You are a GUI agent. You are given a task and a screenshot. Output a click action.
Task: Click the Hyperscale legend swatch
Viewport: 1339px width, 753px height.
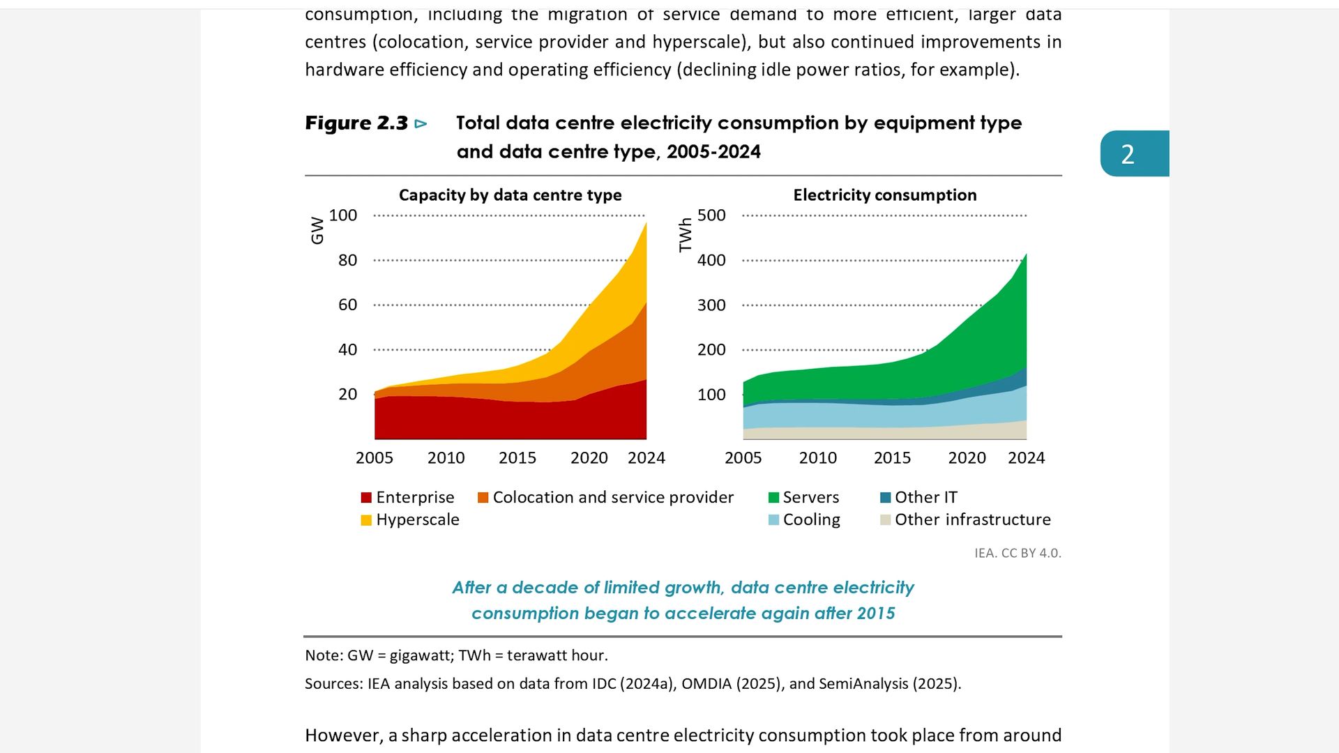366,520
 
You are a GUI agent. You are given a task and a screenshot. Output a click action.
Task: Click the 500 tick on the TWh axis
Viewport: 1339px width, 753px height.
711,215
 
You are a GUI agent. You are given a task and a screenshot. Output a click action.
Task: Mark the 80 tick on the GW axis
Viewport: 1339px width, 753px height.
347,261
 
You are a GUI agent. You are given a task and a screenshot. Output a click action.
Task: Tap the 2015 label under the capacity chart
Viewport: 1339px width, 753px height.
517,458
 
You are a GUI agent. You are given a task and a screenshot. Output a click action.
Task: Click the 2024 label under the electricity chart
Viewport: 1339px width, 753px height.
1026,458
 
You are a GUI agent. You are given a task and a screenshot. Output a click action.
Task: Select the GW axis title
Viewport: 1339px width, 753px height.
317,230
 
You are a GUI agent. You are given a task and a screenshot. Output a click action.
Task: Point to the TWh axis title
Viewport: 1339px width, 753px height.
686,234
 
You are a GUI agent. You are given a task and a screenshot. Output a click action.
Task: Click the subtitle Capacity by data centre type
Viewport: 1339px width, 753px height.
510,195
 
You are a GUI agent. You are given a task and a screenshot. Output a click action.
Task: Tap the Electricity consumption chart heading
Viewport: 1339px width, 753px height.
884,195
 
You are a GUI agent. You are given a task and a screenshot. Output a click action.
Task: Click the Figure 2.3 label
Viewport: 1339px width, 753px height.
356,123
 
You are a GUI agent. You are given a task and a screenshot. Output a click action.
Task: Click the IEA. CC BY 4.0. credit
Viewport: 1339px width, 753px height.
1018,554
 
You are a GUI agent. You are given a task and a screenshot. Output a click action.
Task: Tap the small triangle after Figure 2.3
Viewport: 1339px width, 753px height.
421,124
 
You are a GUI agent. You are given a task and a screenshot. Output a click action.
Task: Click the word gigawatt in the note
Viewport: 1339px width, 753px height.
418,656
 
